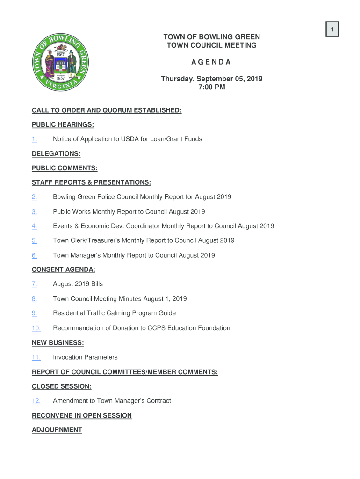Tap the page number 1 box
click(x=332, y=30)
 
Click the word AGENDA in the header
click(x=211, y=62)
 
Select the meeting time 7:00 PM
click(x=211, y=87)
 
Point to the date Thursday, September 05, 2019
click(x=211, y=79)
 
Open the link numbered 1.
click(x=34, y=139)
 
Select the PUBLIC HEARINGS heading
click(x=63, y=124)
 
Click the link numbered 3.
click(x=34, y=212)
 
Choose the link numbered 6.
click(x=34, y=255)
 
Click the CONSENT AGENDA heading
click(x=63, y=269)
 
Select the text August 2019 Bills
click(x=78, y=284)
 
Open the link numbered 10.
click(x=36, y=328)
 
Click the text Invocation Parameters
click(x=85, y=357)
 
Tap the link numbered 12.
click(x=36, y=401)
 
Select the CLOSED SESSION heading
click(x=61, y=386)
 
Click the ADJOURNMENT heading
click(x=57, y=430)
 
